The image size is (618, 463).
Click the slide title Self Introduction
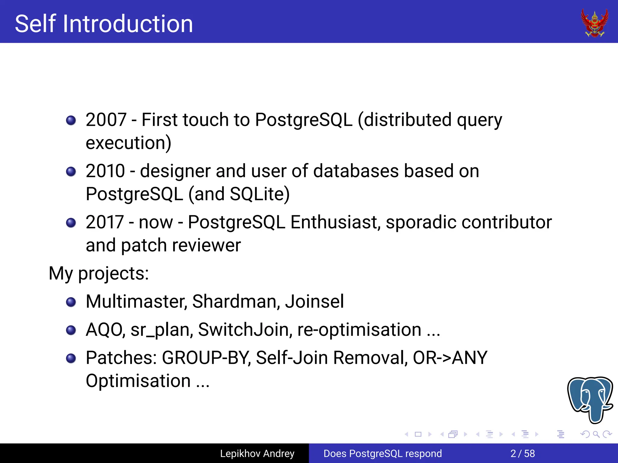pyautogui.click(x=104, y=24)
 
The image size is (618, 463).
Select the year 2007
pyautogui.click(x=106, y=120)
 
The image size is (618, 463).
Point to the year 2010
pyautogui.click(x=105, y=171)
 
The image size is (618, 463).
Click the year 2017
pyautogui.click(x=105, y=222)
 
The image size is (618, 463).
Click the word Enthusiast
pyautogui.click(x=334, y=222)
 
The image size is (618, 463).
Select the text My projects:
pyautogui.click(x=99, y=273)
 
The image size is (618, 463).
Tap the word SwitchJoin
pyautogui.click(x=245, y=329)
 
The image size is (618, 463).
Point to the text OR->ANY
pyautogui.click(x=450, y=358)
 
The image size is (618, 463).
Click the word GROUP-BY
pyautogui.click(x=206, y=358)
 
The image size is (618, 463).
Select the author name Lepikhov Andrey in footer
pyautogui.click(x=257, y=453)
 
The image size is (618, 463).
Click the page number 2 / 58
pyautogui.click(x=522, y=453)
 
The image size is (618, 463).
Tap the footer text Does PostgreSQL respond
pyautogui.click(x=382, y=453)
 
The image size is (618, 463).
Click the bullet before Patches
pyautogui.click(x=71, y=358)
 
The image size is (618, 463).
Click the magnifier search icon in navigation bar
pyautogui.click(x=596, y=434)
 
